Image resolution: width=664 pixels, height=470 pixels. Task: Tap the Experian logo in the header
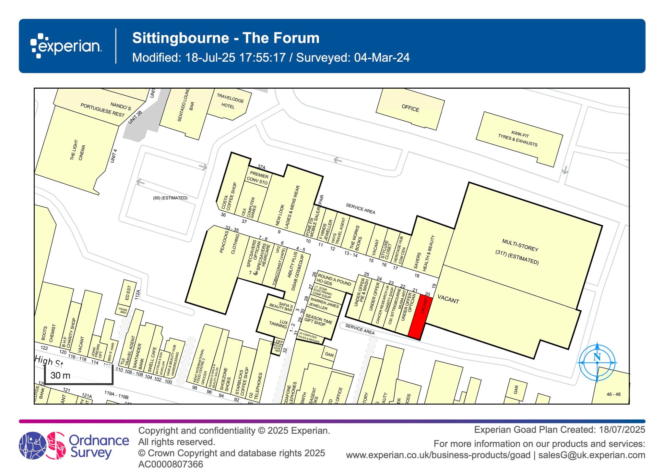pyautogui.click(x=66, y=46)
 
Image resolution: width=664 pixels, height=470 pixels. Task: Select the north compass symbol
pyautogui.click(x=597, y=362)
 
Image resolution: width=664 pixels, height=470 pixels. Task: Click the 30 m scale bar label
pyautogui.click(x=60, y=376)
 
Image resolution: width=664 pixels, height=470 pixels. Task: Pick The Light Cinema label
pyautogui.click(x=78, y=150)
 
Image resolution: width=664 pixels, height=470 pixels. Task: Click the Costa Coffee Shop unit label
pyautogui.click(x=230, y=197)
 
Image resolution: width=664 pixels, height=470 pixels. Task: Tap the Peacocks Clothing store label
pyautogui.click(x=229, y=243)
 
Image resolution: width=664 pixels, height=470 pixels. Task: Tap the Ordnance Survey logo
pyautogui.click(x=74, y=445)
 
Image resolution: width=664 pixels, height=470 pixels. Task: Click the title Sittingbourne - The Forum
pyautogui.click(x=226, y=38)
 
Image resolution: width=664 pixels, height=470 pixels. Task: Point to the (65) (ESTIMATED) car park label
pyautogui.click(x=170, y=198)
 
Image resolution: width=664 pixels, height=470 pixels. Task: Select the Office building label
pyautogui.click(x=410, y=108)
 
